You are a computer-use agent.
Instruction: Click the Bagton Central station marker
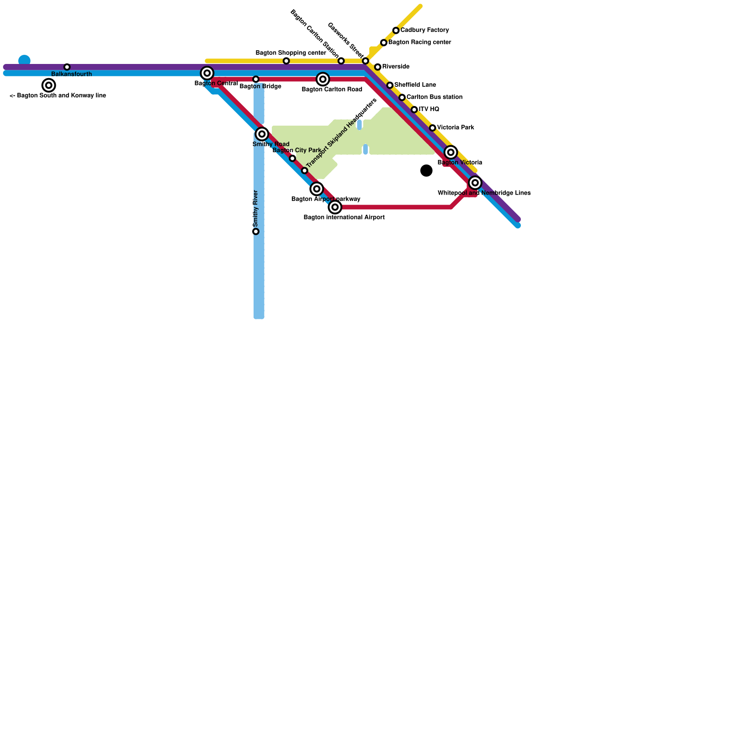(207, 73)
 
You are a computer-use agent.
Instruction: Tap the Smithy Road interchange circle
(262, 134)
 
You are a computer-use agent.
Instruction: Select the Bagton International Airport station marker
(335, 207)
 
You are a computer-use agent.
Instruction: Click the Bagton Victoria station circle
(451, 152)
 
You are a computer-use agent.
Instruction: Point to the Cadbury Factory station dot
(396, 31)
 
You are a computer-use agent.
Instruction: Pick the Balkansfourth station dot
(67, 67)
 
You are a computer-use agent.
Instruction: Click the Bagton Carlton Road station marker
(323, 79)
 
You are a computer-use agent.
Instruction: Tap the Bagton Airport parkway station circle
(317, 189)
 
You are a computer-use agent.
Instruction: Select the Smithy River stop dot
(256, 232)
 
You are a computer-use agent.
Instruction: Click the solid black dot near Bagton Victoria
(426, 170)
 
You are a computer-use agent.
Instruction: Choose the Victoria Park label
(456, 127)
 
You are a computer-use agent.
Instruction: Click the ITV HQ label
(429, 110)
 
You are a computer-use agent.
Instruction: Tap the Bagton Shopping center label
(291, 53)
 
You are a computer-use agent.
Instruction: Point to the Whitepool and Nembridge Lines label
(484, 193)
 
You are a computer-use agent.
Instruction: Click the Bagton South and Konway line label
(58, 96)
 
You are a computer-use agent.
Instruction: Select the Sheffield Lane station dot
(390, 85)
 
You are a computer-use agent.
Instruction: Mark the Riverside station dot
(378, 67)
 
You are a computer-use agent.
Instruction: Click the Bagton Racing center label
(420, 42)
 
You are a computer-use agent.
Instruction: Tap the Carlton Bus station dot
(402, 97)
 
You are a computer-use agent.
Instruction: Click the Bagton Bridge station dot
(256, 79)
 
